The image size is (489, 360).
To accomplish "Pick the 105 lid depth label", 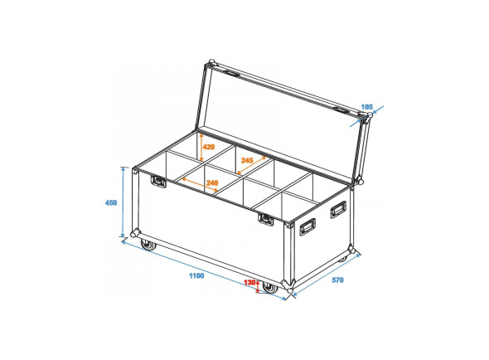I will coord(368,106).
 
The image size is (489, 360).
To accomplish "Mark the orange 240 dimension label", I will coord(212,182).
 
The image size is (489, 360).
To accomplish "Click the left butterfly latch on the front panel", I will coord(157,179).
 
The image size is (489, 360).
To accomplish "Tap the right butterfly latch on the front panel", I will coord(265,219).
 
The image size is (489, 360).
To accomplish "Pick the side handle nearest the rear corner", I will coord(338,208).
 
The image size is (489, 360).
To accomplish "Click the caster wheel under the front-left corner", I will coord(148,245).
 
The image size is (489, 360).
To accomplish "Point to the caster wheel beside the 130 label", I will coord(269,288).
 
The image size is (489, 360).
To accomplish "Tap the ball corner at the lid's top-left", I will coord(212,65).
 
